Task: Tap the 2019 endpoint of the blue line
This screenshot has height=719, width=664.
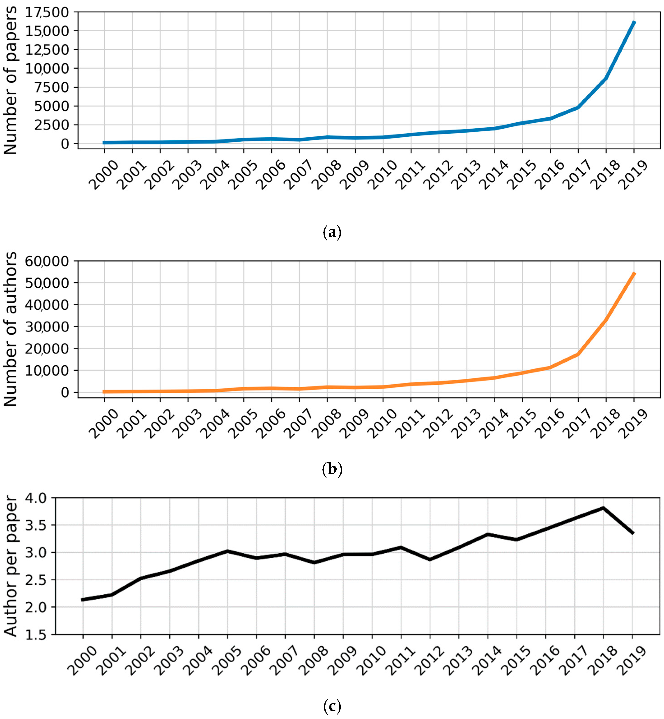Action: point(634,23)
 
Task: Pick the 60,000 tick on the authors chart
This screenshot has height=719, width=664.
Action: point(47,261)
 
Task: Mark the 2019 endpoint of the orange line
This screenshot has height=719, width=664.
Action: point(634,274)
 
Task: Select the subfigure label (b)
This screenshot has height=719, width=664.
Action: point(332,469)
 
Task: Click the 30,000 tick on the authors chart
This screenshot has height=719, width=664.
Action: point(47,327)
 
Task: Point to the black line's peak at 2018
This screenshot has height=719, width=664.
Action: point(603,508)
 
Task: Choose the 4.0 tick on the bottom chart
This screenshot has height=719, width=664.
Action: point(36,498)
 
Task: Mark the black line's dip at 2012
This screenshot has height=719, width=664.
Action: point(430,559)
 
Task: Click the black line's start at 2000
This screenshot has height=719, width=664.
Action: point(83,600)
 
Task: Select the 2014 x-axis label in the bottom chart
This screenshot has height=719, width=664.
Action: point(487,660)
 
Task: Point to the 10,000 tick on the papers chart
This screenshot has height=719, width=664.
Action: point(47,68)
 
